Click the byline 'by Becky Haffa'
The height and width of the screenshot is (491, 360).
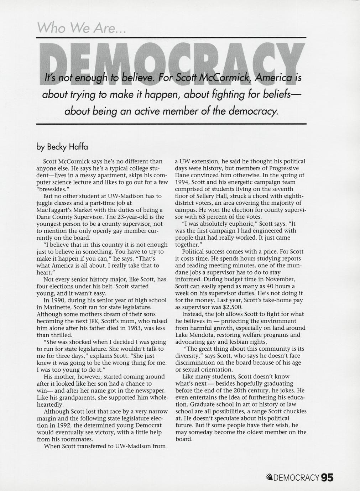62,146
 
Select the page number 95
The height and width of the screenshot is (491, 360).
327,477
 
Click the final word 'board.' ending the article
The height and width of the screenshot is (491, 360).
184,439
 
